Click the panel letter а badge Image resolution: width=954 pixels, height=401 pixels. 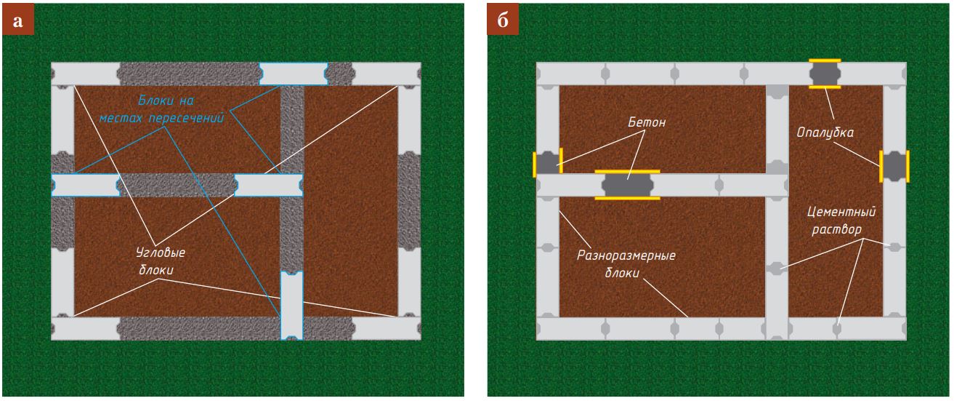coord(18,21)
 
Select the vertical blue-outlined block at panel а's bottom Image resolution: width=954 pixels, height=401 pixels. coord(291,305)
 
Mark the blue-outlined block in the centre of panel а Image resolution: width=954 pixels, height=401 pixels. coord(268,185)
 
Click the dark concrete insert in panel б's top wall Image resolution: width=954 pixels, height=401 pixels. coord(825,74)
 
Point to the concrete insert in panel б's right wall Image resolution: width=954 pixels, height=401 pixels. coord(894,167)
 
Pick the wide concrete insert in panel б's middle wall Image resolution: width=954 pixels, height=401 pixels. coord(627,184)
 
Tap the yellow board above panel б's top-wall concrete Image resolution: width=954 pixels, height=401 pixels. coord(825,60)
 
